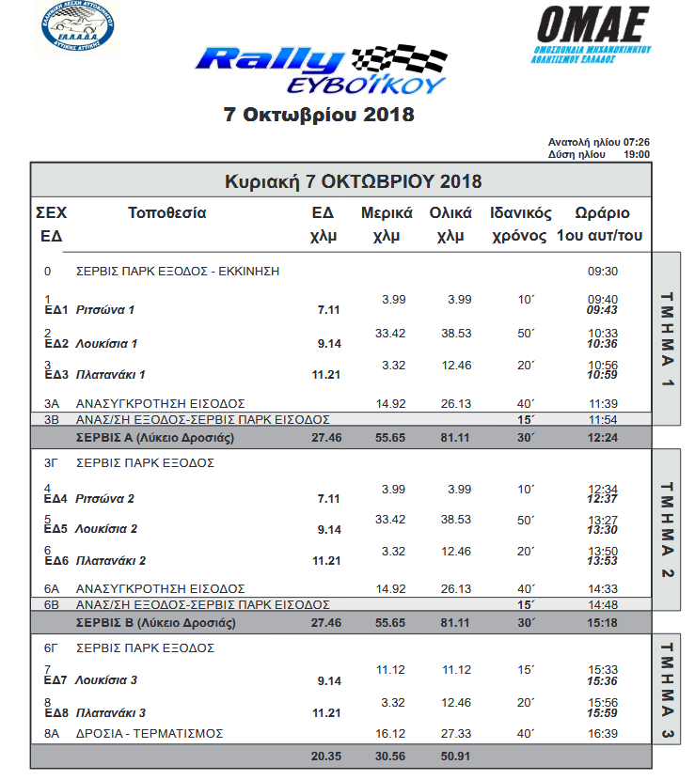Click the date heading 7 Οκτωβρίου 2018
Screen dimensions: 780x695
(319, 116)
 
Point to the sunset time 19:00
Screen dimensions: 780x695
(637, 154)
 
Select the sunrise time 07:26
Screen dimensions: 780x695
(637, 143)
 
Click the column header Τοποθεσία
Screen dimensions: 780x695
(166, 213)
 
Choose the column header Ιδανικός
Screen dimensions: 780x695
(520, 213)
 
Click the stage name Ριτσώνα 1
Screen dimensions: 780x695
(105, 310)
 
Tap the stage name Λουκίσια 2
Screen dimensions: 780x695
(106, 529)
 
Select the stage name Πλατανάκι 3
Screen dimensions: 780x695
(111, 712)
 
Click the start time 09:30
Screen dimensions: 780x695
(602, 272)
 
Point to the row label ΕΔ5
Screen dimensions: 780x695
(56, 529)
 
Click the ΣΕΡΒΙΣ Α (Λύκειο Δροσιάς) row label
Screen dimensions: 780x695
(155, 438)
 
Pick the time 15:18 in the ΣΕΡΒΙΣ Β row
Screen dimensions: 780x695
(602, 622)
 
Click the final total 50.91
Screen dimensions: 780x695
(455, 756)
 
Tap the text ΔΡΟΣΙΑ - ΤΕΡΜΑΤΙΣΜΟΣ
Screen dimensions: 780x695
(150, 733)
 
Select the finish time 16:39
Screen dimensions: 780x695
(602, 733)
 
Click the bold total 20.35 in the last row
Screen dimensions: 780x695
(324, 756)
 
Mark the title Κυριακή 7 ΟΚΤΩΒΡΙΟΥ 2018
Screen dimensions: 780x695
(353, 180)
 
